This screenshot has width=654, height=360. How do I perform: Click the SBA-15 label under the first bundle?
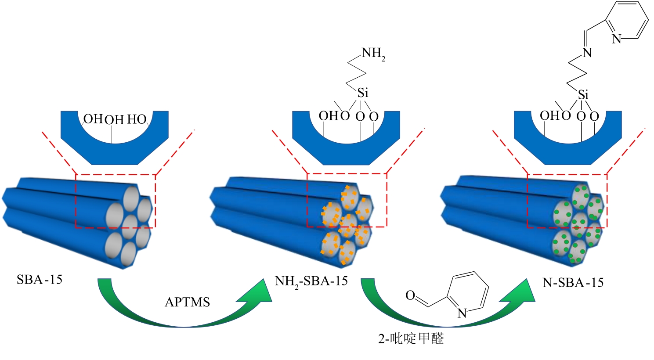click(40, 279)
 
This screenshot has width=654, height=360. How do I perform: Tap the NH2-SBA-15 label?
click(311, 281)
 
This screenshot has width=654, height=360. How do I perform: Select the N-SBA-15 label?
click(573, 282)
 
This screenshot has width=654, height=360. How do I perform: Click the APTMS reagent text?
click(187, 302)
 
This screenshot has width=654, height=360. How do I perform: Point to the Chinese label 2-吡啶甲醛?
click(411, 338)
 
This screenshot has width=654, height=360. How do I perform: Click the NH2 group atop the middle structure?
click(373, 54)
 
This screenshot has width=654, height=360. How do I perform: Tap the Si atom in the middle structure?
click(362, 93)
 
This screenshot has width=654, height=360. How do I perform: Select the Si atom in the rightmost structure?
click(583, 94)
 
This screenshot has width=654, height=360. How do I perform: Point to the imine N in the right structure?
click(587, 53)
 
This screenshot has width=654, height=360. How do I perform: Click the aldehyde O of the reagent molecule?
click(410, 295)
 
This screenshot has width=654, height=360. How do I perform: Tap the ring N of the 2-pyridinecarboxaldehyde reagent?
click(462, 313)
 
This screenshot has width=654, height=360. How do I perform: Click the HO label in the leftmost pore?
click(137, 119)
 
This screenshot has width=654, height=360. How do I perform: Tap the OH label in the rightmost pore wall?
click(549, 115)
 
